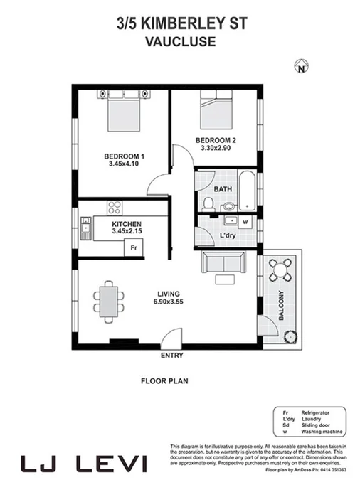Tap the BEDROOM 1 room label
tap(124, 156)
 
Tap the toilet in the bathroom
tap(208, 205)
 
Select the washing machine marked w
tap(245, 221)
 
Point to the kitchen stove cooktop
tap(115, 208)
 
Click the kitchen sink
tap(85, 230)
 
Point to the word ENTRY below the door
tap(172, 356)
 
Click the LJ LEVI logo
tap(84, 464)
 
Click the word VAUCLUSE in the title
tap(180, 41)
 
